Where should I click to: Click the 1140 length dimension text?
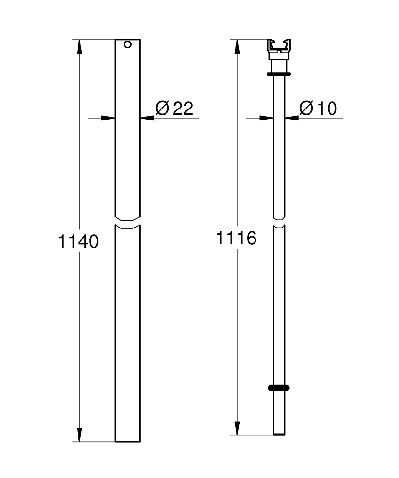coord(78,241)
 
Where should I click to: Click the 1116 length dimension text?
coord(236,238)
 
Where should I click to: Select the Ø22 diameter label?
coord(174,109)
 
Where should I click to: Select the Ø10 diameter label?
coord(318,109)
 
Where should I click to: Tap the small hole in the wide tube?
coord(127,45)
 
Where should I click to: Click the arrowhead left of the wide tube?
coord(108,118)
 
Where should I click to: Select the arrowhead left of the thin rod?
coord(266,118)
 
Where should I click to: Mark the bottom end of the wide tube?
coord(128,440)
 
